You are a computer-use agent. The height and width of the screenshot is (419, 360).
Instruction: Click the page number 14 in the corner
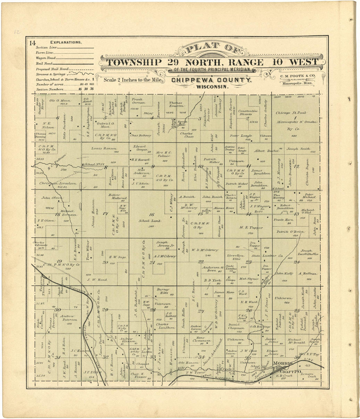click(32, 43)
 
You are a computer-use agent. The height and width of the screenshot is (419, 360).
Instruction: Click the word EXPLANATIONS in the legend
click(66, 42)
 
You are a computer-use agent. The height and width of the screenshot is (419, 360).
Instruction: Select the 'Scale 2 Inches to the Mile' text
click(133, 80)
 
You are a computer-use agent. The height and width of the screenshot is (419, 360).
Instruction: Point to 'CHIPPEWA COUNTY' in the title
click(211, 81)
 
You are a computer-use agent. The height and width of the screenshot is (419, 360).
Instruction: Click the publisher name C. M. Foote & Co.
click(297, 76)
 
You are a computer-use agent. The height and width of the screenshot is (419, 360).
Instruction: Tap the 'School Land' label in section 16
click(150, 221)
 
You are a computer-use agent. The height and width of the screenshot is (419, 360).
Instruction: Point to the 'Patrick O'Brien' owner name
click(290, 232)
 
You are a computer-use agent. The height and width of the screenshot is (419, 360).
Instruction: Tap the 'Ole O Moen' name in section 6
click(60, 100)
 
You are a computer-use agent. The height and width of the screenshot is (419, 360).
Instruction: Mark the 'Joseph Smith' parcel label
click(298, 149)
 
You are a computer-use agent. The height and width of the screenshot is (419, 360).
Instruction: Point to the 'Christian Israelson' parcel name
click(58, 184)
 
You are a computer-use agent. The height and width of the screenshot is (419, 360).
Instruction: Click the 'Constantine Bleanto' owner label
click(248, 112)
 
